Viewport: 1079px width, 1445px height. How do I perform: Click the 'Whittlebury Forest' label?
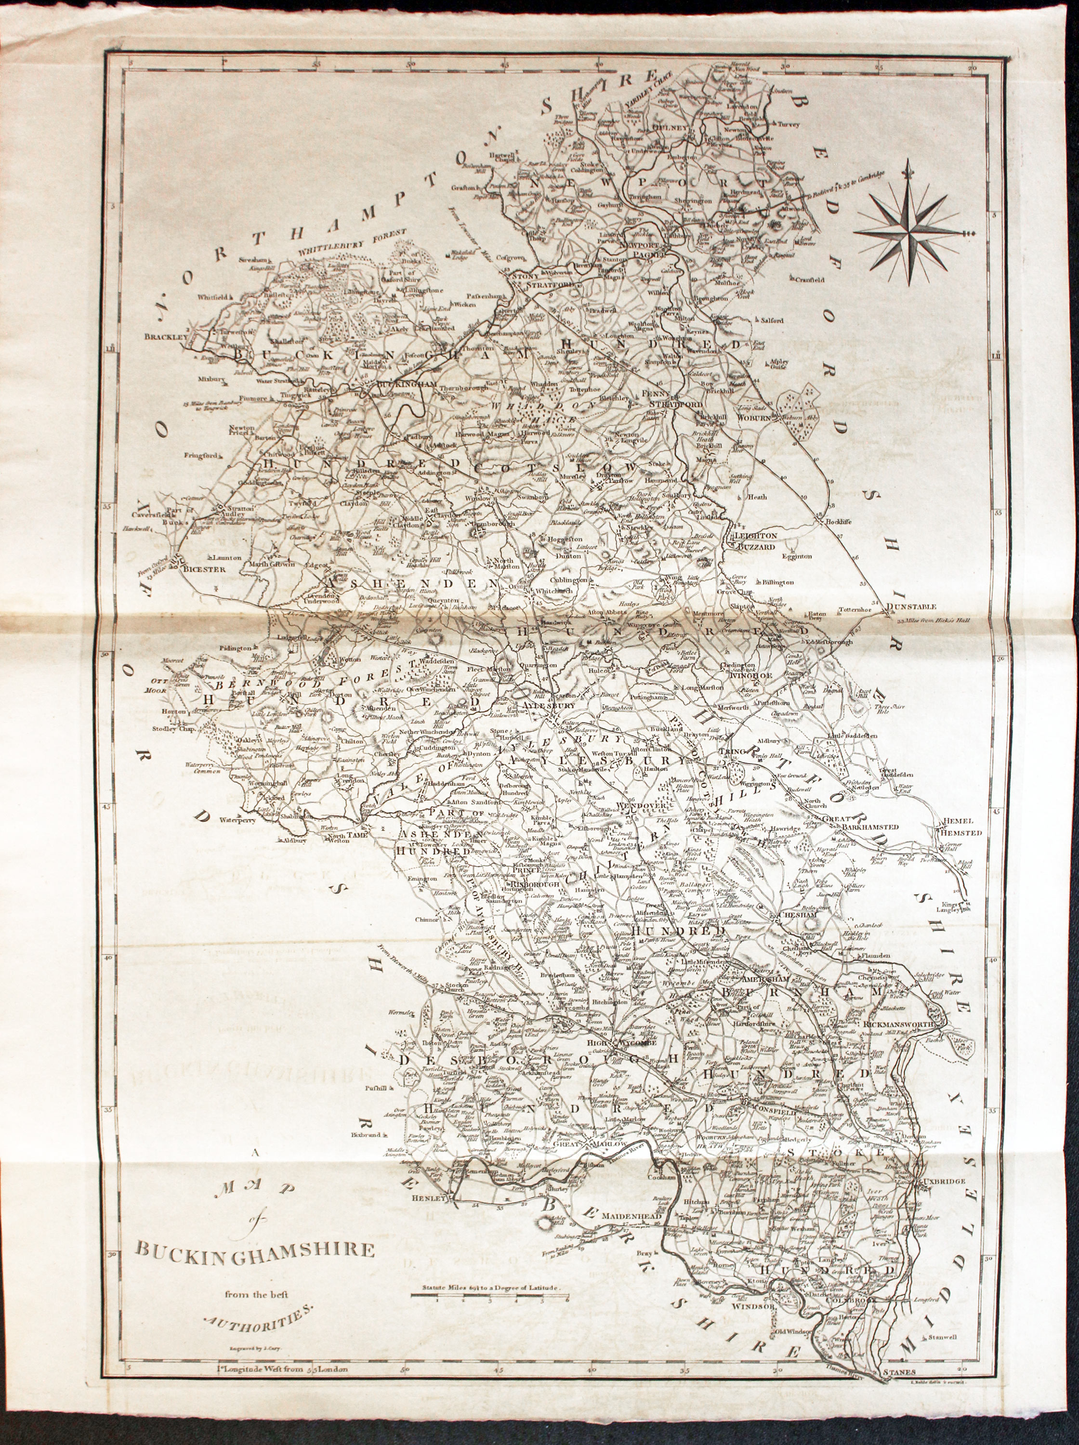(353, 242)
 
